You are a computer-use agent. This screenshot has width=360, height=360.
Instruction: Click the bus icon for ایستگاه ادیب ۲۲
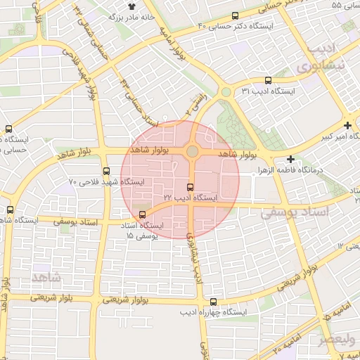click(x=189, y=187)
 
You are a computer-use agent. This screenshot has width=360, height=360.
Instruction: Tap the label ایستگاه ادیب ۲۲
click(x=191, y=199)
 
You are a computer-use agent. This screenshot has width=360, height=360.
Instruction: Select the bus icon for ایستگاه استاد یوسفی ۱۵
click(x=143, y=214)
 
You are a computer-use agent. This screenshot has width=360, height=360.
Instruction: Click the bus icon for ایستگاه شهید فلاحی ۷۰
click(x=106, y=171)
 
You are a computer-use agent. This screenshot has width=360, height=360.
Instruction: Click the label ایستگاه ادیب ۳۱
click(x=269, y=91)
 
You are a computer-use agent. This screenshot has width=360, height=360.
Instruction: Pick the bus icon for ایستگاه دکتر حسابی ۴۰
click(x=235, y=15)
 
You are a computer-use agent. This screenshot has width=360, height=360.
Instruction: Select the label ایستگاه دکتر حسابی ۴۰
click(x=239, y=27)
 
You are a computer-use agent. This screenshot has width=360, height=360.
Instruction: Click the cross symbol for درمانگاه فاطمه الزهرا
click(x=290, y=159)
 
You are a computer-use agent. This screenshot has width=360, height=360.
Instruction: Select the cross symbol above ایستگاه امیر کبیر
click(x=347, y=124)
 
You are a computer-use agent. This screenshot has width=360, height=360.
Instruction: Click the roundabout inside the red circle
click(x=192, y=152)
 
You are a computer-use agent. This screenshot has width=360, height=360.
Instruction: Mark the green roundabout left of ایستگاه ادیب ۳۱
click(x=226, y=92)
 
